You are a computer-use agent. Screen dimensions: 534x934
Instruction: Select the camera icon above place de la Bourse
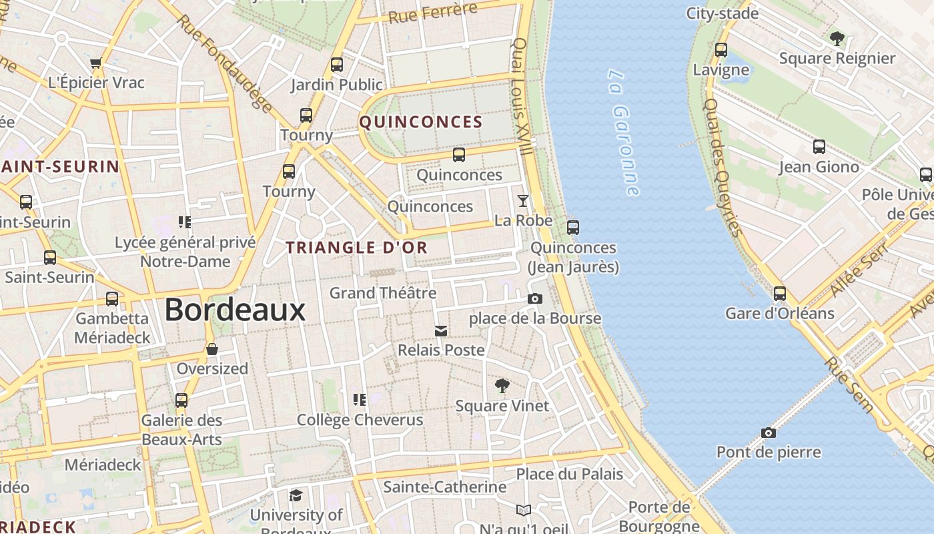click(x=535, y=298)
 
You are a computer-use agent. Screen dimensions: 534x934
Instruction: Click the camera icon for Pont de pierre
click(x=769, y=433)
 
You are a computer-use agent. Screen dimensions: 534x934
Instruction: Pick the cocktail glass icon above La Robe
click(x=523, y=200)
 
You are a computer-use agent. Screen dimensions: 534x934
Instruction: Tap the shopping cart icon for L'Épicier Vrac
click(x=95, y=63)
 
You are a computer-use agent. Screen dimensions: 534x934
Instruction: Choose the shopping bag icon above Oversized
click(x=211, y=349)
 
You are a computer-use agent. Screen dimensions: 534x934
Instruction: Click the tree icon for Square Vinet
click(x=502, y=385)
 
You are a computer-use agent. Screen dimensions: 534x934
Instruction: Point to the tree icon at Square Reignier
click(x=837, y=38)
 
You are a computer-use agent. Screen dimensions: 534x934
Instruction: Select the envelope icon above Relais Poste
click(x=441, y=330)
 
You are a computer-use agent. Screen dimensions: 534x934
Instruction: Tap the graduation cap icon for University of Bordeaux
click(x=296, y=495)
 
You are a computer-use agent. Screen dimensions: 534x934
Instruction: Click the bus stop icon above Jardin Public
click(x=337, y=65)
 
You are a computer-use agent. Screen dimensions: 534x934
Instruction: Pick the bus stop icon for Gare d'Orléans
click(x=779, y=293)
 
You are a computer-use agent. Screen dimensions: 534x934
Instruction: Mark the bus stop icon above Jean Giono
click(x=819, y=147)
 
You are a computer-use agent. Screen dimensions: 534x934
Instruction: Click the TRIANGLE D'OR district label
click(x=356, y=248)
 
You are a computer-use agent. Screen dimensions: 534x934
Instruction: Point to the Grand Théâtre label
click(x=383, y=293)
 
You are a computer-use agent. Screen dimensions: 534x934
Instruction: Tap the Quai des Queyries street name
click(x=723, y=167)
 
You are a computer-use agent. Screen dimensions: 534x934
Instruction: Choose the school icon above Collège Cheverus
click(x=360, y=400)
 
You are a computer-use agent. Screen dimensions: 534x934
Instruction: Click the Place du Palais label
click(x=569, y=475)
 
